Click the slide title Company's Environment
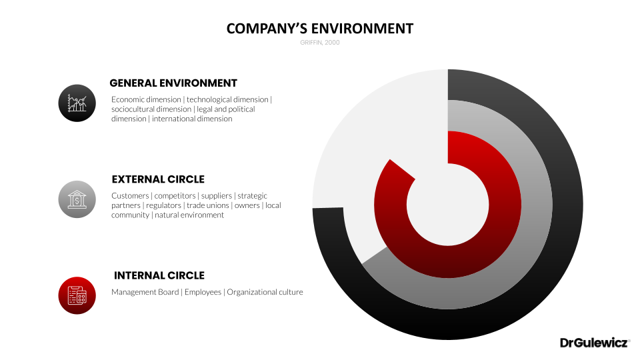pos(319,29)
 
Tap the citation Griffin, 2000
pos(319,43)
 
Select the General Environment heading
pos(173,83)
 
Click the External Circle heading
pos(158,179)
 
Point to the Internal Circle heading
pos(159,275)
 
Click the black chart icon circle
pos(77,103)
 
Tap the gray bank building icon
pos(77,199)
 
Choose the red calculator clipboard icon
pos(77,296)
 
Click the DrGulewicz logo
pos(595,343)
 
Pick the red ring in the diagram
pos(505,205)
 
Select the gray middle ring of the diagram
pos(537,205)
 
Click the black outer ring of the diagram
pos(568,205)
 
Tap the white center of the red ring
pos(448,205)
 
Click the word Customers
pos(130,196)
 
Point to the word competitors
pos(175,196)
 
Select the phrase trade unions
pos(208,205)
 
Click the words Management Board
pos(145,292)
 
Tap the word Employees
pos(203,292)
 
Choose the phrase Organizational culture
pos(265,292)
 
